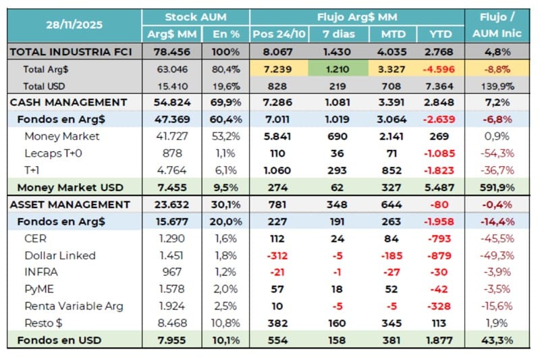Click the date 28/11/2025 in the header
(74, 26)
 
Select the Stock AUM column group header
(196, 17)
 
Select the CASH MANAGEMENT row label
(68, 103)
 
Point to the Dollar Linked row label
(59, 255)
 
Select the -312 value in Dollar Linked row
(277, 255)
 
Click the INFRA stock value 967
(172, 272)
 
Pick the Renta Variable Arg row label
(74, 306)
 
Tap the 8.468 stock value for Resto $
(172, 323)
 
